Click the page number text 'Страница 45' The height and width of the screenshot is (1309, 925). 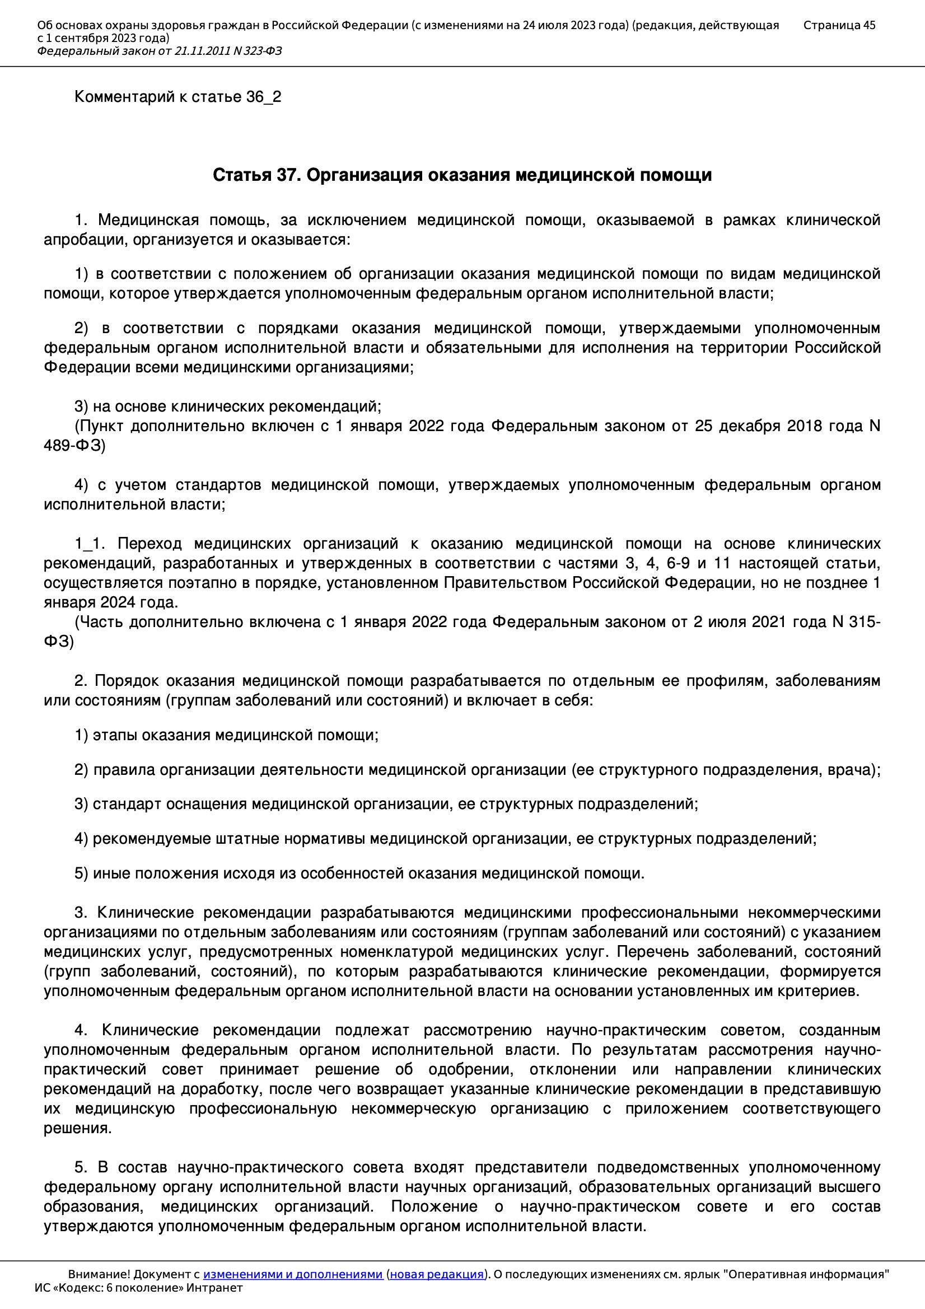coord(839,25)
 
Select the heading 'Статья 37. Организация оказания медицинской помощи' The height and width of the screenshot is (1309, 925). coord(462,175)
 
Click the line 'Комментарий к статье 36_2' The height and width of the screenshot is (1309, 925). coord(178,97)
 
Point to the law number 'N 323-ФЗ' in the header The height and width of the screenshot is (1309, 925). coord(257,52)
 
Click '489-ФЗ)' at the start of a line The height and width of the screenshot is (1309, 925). coord(74,445)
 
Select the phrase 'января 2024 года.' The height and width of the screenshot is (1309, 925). coord(111,602)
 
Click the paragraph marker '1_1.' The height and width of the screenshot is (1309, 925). coord(90,543)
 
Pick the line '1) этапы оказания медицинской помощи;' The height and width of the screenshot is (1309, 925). coord(226,735)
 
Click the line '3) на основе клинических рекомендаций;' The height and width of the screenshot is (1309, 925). coord(227,406)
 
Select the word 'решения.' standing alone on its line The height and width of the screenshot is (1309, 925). coord(78,1128)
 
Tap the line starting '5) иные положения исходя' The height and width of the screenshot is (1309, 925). coord(359,873)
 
